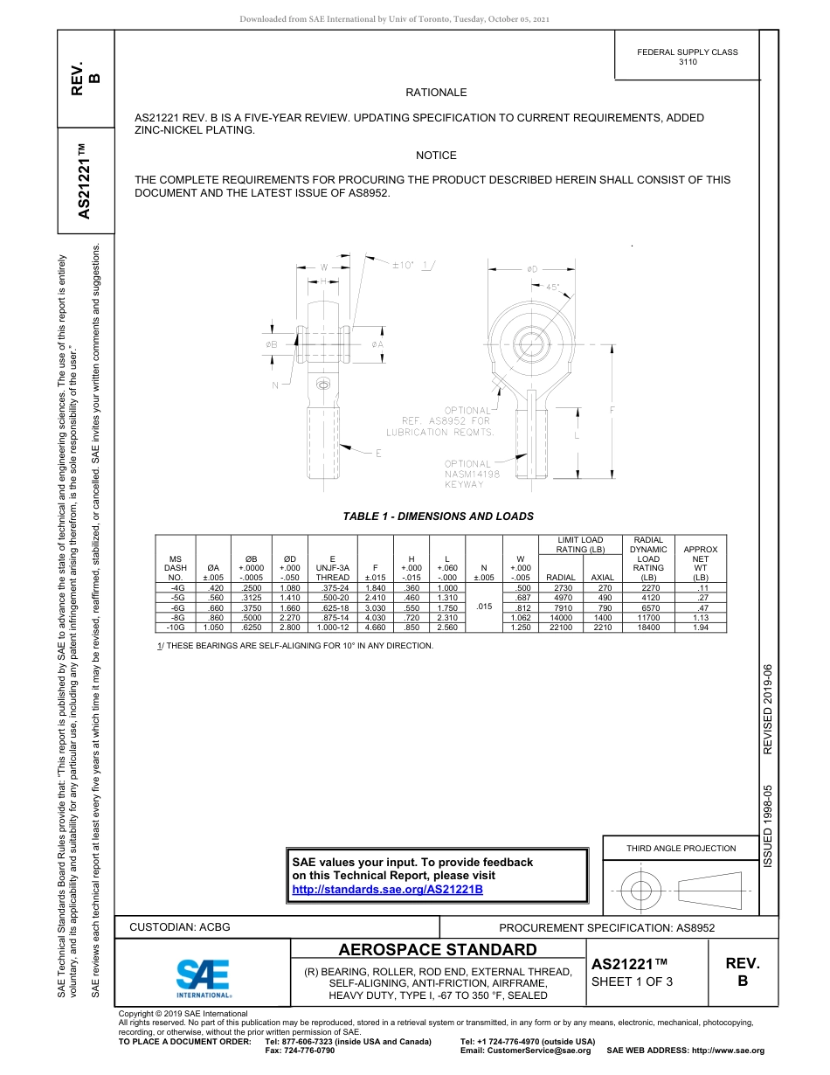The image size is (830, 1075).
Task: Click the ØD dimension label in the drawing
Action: (x=532, y=269)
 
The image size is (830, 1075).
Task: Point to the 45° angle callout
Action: (x=552, y=287)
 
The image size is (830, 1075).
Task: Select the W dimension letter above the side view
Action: (x=323, y=267)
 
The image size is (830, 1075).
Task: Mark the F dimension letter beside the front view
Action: (x=612, y=409)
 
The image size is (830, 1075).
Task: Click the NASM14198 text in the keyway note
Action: (x=472, y=475)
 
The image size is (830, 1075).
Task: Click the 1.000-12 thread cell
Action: (x=332, y=627)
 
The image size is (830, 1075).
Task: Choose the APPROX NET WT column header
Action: (x=700, y=564)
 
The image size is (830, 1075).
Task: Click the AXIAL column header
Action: (x=603, y=578)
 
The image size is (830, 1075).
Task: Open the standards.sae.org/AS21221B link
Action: (x=387, y=890)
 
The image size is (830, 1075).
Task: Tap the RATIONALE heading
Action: (x=436, y=93)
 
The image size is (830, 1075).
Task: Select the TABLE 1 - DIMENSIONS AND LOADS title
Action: (x=438, y=517)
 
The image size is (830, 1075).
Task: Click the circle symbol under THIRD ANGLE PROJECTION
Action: (x=641, y=891)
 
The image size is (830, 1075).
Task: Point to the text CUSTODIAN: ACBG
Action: (x=180, y=927)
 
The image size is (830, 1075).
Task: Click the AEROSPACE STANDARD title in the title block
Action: (x=438, y=950)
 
